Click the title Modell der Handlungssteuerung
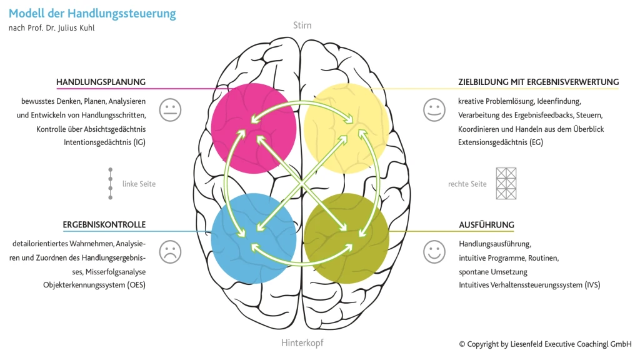click(x=92, y=13)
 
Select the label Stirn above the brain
click(x=302, y=26)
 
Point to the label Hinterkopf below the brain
click(x=302, y=342)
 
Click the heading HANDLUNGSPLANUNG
click(x=101, y=82)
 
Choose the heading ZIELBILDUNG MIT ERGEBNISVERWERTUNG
click(x=538, y=82)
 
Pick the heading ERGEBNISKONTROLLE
click(x=104, y=224)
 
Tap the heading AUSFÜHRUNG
click(x=486, y=224)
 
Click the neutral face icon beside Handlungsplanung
click(x=169, y=109)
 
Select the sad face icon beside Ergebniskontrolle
click(x=169, y=251)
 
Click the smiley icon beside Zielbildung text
click(x=434, y=109)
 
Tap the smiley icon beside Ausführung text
click(x=434, y=251)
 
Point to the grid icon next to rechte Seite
click(x=506, y=183)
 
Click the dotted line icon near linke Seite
click(x=111, y=183)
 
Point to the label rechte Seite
click(x=467, y=184)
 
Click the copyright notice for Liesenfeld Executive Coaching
click(x=545, y=344)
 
